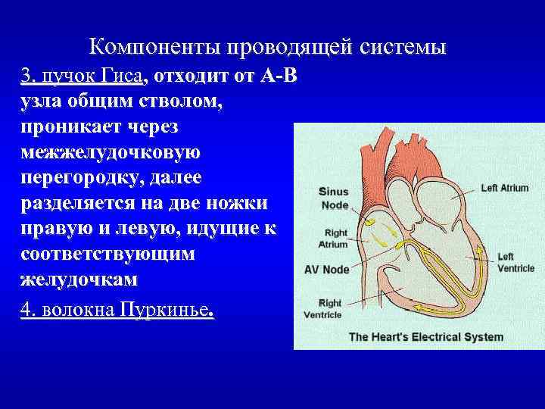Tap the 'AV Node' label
(326, 269)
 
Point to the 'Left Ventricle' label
(515, 262)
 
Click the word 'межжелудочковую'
(111, 153)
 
